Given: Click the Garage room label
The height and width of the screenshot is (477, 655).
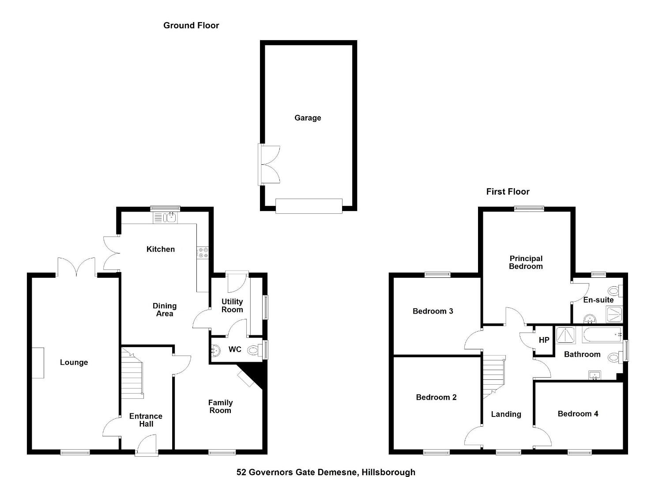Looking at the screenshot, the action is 308,118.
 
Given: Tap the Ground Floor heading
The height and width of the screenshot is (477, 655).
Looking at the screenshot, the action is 191,26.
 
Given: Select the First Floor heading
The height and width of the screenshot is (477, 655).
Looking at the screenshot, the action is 508,192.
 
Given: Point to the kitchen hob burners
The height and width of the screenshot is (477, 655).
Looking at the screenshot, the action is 203,253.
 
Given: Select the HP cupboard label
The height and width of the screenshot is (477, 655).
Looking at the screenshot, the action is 544,340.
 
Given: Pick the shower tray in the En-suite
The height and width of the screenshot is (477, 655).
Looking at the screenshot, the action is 614,314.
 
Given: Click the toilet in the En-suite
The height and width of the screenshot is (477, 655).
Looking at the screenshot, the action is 615,291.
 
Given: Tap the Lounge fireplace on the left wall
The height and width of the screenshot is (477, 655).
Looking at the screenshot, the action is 38,363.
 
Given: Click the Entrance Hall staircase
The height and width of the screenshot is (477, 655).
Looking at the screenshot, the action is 132,373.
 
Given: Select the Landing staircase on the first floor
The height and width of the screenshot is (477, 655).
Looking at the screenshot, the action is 494,377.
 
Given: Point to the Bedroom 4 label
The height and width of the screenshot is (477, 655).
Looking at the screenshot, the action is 578,414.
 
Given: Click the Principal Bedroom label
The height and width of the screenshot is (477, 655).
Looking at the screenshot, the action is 526,262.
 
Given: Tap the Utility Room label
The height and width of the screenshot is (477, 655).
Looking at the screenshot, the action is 232,306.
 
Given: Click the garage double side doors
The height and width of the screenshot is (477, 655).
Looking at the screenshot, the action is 269,165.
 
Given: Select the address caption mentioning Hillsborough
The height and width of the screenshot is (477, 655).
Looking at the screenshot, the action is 326,472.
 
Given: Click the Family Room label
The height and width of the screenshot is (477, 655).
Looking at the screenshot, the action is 221,406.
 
